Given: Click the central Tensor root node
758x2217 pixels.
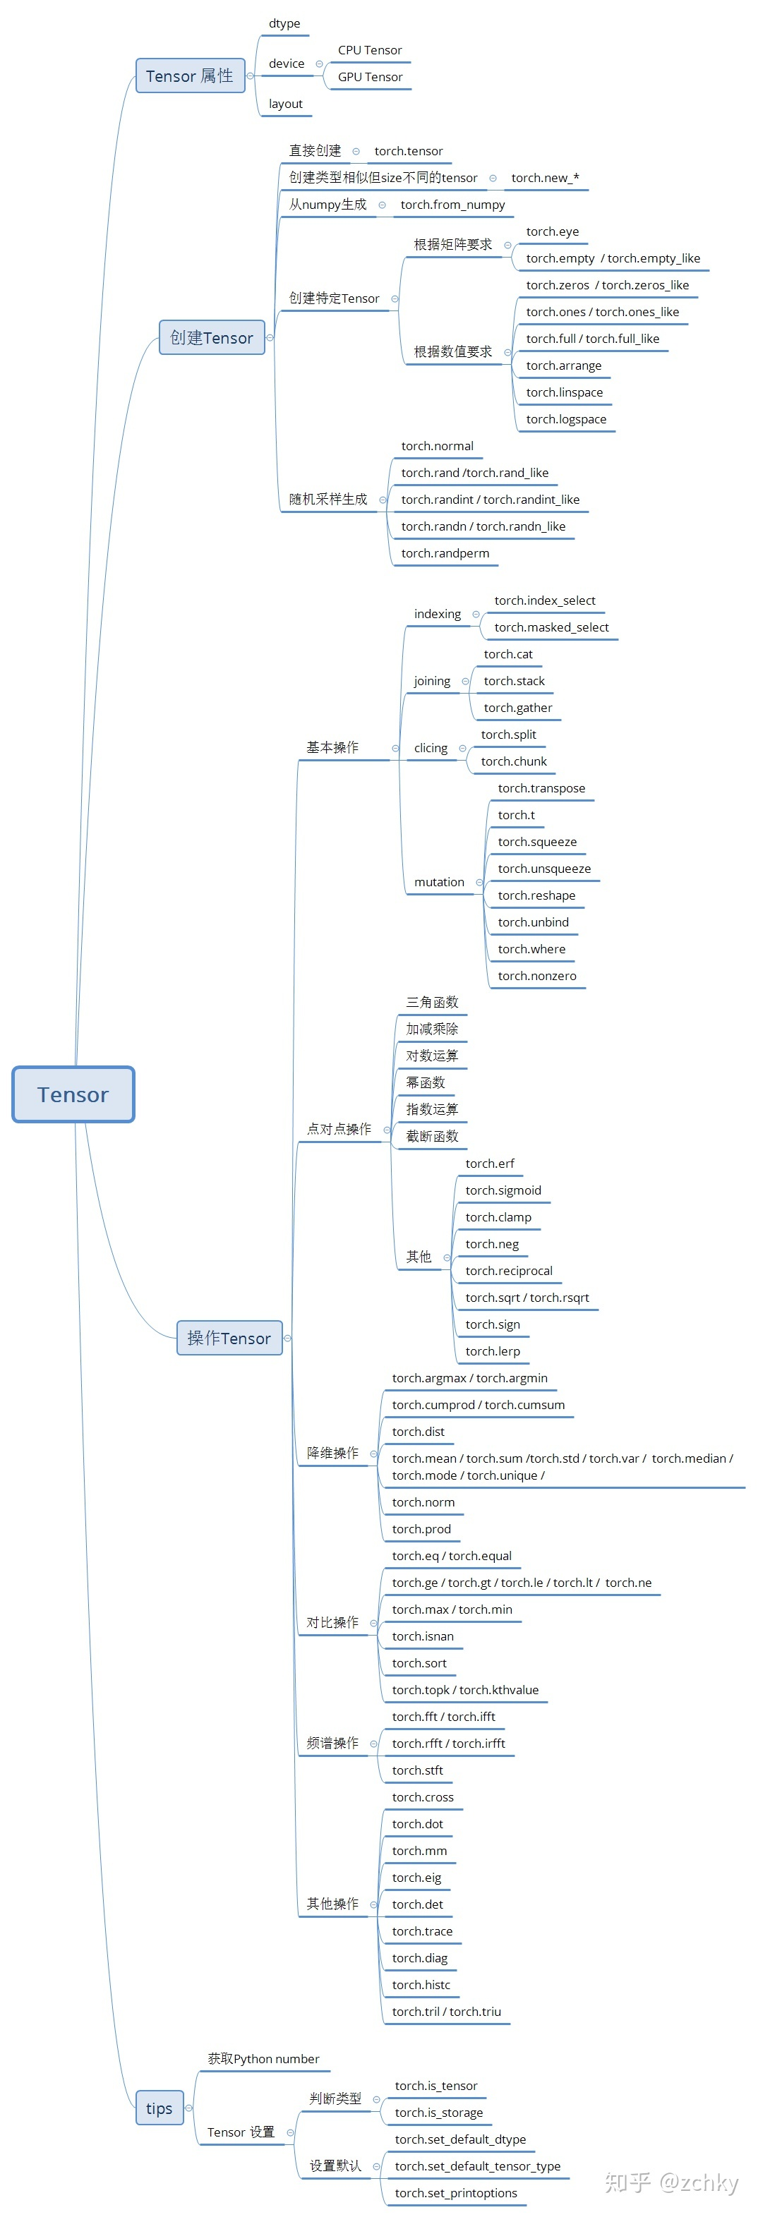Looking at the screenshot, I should click(x=73, y=1094).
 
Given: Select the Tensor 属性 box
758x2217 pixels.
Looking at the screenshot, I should click(x=190, y=75).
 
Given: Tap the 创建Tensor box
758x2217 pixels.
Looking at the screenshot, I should click(x=212, y=337).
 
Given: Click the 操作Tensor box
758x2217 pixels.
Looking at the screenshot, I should click(x=229, y=1337).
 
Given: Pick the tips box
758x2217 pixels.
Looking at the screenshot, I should click(x=160, y=2108).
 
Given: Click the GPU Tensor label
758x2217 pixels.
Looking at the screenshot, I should click(x=370, y=77).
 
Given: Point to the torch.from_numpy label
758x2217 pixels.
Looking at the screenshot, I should click(x=452, y=204).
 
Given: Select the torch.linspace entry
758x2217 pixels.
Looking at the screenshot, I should click(x=565, y=392).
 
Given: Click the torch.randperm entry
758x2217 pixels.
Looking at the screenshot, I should click(x=445, y=552).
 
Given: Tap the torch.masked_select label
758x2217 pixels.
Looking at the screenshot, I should click(x=551, y=627).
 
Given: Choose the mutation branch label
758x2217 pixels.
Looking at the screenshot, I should click(x=439, y=881).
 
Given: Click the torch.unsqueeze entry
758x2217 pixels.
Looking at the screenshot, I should click(x=543, y=869).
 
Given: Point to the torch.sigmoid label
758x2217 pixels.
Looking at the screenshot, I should click(x=503, y=1190).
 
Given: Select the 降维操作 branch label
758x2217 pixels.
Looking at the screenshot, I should click(x=333, y=1452).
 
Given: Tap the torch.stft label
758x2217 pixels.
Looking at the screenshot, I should click(x=417, y=1770).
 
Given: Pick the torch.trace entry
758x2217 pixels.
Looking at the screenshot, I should click(x=421, y=1931).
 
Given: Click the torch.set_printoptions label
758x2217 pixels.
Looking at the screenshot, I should click(x=456, y=2192).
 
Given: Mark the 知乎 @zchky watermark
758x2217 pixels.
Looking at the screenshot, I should click(x=671, y=2182).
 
